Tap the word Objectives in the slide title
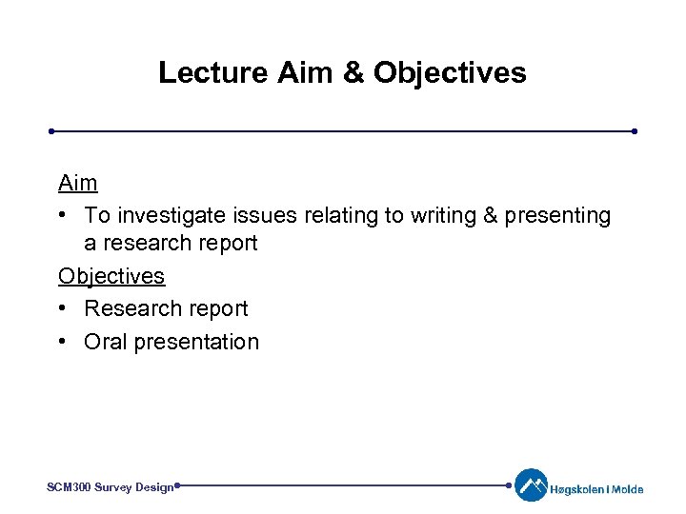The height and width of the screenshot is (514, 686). (x=450, y=72)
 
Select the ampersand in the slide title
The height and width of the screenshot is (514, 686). (x=352, y=72)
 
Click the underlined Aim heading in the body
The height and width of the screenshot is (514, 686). (x=77, y=182)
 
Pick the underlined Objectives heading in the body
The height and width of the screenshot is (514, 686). (x=111, y=276)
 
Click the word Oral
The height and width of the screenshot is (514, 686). (x=106, y=342)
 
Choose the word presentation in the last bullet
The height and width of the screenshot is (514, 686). (x=196, y=342)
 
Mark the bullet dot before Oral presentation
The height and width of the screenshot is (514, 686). (x=63, y=342)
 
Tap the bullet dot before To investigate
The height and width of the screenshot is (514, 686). (x=63, y=216)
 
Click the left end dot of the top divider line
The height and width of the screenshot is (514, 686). (x=52, y=131)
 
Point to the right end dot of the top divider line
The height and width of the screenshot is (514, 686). (x=634, y=131)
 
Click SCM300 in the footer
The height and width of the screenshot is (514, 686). (x=70, y=487)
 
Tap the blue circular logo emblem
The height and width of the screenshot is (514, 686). (x=531, y=485)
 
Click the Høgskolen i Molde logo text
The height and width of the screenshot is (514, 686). (x=597, y=490)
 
